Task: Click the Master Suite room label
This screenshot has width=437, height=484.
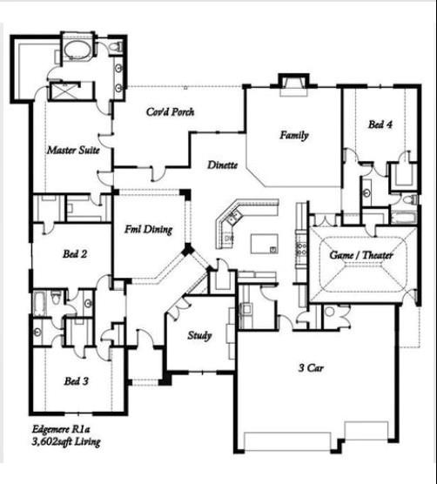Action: point(71,151)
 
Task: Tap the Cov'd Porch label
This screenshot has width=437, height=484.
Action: point(170,112)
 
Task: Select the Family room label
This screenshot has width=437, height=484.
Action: point(294,136)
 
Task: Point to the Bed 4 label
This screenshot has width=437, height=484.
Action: point(380,124)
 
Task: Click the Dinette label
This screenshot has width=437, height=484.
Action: point(224,165)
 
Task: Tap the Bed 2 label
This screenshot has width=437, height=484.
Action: point(72,254)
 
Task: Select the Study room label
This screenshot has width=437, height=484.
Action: point(200,334)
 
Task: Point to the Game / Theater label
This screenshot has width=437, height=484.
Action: point(361,255)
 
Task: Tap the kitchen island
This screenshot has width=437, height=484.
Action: point(265,243)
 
